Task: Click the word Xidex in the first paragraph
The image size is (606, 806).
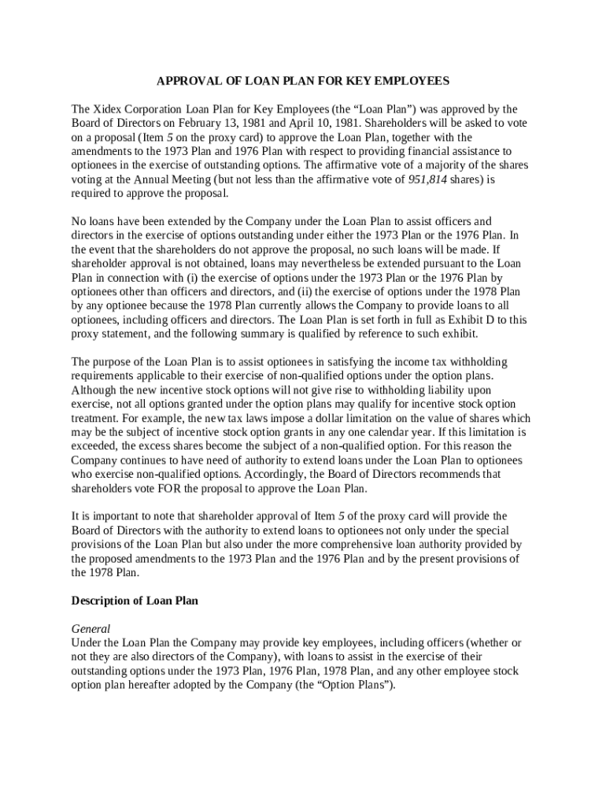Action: point(105,109)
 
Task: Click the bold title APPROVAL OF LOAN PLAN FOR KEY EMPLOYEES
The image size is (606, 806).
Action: point(303,81)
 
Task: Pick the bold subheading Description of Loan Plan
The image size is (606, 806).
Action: point(135,601)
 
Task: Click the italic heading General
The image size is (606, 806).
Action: point(91,629)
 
